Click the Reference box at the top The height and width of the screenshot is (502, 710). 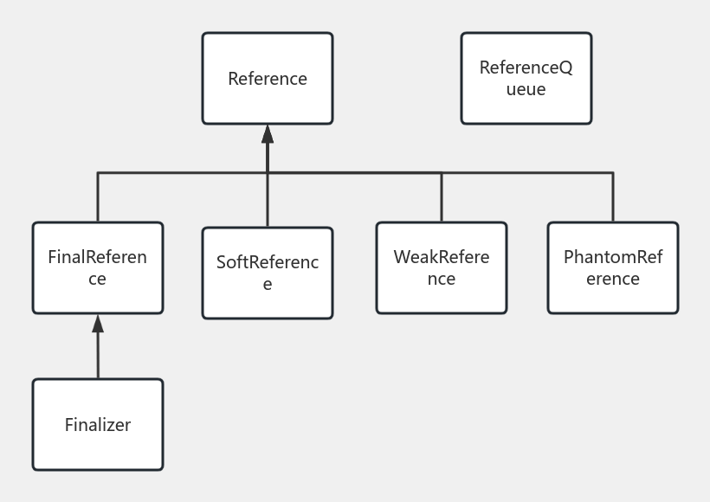click(267, 78)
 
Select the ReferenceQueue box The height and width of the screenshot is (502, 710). click(526, 78)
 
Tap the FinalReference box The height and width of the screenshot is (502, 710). click(97, 267)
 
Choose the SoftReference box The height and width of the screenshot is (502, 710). click(267, 273)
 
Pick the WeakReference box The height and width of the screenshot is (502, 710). click(441, 267)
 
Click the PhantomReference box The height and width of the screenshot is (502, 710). click(612, 267)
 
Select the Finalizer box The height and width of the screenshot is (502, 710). click(97, 424)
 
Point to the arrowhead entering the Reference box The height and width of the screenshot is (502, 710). click(268, 134)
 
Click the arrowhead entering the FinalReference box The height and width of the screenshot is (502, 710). click(98, 324)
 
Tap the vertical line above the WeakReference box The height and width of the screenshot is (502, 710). click(442, 197)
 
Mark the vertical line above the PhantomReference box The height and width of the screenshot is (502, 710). click(613, 197)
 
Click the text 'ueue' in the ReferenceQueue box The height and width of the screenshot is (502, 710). click(526, 89)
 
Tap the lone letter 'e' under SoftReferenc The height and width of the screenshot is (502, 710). click(267, 285)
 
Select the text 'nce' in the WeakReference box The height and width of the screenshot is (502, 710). click(441, 280)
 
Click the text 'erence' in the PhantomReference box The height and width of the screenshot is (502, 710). click(612, 280)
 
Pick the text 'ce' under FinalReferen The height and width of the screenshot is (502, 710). click(97, 280)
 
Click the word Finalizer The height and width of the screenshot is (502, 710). click(97, 425)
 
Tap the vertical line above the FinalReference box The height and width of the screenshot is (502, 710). click(98, 197)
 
